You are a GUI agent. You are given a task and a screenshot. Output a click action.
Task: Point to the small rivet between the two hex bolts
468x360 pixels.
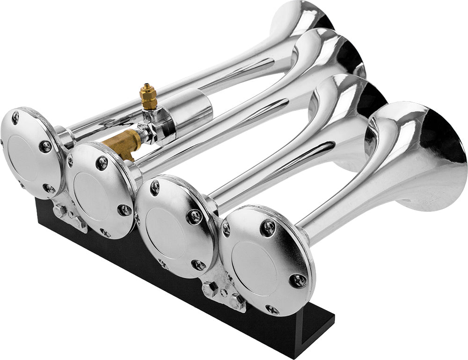[224, 293]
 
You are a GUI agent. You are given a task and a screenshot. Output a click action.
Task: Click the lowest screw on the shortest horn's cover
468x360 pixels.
[272, 310]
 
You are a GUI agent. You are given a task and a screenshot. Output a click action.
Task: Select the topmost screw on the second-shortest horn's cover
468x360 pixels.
[155, 187]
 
